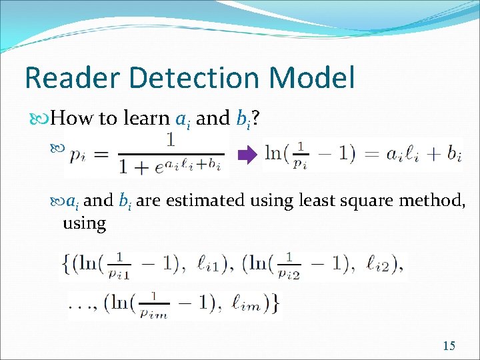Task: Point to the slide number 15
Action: click(x=449, y=345)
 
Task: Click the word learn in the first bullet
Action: click(x=151, y=119)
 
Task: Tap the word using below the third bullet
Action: click(x=84, y=223)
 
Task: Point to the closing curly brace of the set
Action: click(x=275, y=304)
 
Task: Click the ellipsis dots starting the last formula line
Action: click(x=79, y=307)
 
